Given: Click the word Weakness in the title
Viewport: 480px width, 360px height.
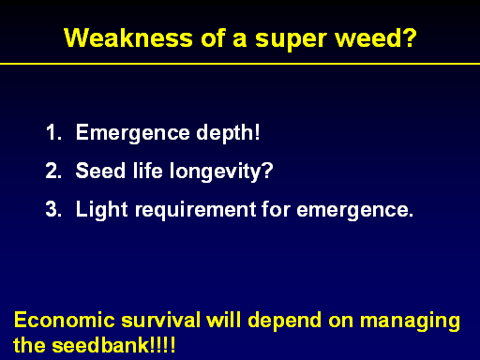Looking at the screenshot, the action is point(128,38).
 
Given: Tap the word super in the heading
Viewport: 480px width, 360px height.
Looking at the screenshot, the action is point(291,40).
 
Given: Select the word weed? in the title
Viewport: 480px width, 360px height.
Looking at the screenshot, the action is point(376,38).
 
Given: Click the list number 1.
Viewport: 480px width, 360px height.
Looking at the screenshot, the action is point(53,132).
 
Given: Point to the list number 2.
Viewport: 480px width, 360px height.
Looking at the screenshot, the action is point(53,171).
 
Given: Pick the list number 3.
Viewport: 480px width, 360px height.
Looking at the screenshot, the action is point(53,209).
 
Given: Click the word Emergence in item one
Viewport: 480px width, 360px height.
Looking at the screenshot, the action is point(133,134).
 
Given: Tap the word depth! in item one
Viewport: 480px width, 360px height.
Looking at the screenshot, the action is point(228,133).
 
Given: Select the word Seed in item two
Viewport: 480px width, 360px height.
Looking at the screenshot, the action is point(100,171).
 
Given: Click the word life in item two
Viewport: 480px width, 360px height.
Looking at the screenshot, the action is point(148,171).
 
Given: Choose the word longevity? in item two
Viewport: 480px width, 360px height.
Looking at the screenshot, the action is point(221,172).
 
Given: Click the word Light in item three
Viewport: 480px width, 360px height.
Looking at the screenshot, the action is point(102,210).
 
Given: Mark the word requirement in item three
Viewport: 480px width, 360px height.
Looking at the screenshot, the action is point(196,211).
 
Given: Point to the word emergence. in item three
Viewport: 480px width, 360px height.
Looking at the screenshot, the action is point(355,211).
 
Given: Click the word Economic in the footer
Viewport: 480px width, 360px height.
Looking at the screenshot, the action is point(65,321).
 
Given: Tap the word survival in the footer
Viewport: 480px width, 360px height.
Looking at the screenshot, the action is point(160,321).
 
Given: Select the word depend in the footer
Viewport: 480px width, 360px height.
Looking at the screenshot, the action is point(285,322).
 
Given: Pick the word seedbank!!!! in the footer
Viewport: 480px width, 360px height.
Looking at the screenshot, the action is point(113,345).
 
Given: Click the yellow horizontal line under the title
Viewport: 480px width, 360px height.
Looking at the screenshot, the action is point(240,64).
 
